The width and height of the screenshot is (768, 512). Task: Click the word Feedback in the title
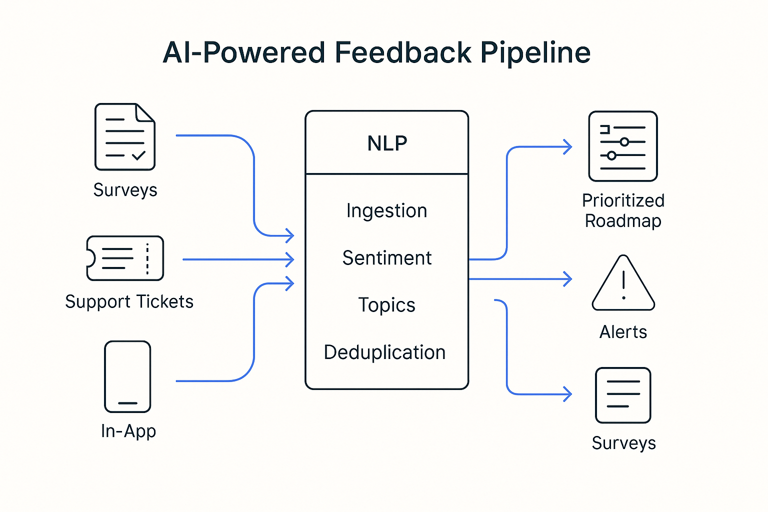pos(402,52)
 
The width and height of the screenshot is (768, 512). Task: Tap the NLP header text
pos(387,143)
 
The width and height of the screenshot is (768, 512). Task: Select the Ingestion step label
pos(386,210)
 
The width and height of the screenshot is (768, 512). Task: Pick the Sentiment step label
pos(386,258)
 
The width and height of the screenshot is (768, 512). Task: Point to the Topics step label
pos(386,305)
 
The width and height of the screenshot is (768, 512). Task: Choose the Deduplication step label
pos(384,352)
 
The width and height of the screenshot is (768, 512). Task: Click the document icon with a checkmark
pos(125,136)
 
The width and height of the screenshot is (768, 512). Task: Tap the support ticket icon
pos(125,258)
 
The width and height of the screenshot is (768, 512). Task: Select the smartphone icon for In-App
pos(127,376)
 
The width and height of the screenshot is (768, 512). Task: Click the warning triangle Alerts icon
pos(623,283)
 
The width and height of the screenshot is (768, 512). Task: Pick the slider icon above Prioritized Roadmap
pos(623,146)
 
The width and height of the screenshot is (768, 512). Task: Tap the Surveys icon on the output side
pos(623,395)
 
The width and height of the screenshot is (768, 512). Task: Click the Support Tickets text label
pos(129,301)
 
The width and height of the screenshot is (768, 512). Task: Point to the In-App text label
pos(128,431)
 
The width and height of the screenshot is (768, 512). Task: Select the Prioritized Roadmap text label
pos(623,210)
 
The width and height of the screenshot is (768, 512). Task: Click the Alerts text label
pos(623,332)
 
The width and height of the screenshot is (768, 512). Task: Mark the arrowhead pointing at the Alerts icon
pos(568,279)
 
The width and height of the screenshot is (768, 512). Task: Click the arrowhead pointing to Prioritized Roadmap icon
pos(568,147)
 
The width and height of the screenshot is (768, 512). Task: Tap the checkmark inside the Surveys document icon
pos(138,155)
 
